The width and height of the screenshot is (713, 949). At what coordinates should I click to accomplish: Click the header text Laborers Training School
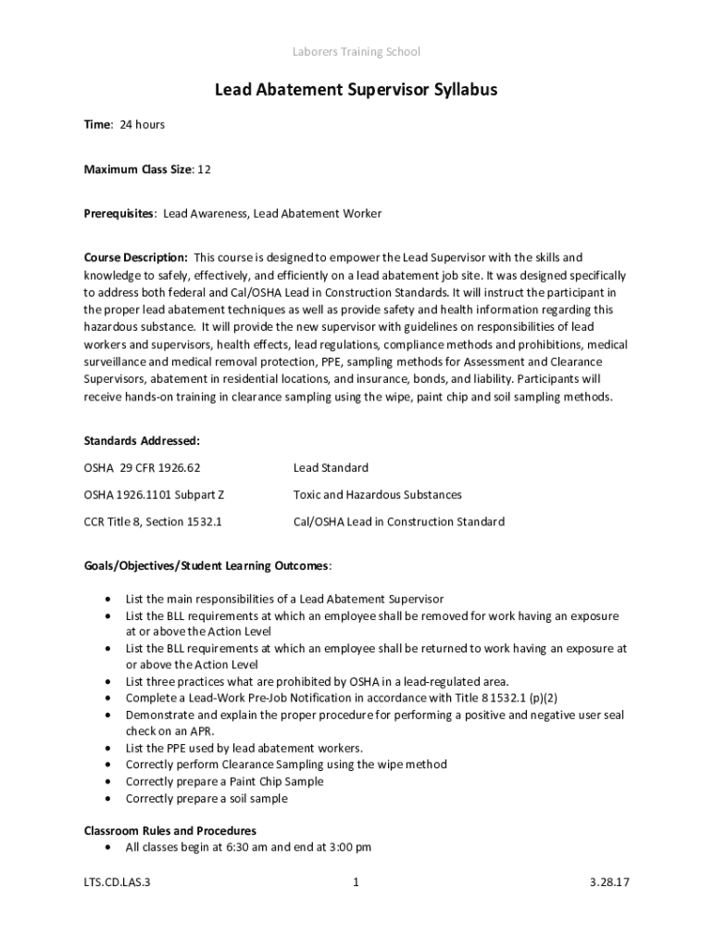(x=356, y=52)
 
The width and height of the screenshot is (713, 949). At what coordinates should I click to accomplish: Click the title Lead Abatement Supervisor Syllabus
(x=356, y=90)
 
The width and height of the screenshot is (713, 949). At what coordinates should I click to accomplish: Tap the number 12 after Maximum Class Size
(x=205, y=169)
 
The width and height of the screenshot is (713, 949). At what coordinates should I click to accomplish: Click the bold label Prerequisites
(x=119, y=213)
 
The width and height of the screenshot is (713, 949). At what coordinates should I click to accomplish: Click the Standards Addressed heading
(x=142, y=441)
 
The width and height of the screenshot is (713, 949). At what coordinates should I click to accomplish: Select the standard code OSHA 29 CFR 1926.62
(x=142, y=468)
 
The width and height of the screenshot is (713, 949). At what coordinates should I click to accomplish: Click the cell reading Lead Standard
(x=331, y=468)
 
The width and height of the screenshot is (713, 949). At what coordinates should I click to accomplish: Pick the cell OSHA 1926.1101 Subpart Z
(x=155, y=495)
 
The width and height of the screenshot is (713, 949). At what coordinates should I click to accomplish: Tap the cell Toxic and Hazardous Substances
(x=377, y=495)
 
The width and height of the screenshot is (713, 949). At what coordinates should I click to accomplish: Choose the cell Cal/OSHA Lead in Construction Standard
(x=398, y=522)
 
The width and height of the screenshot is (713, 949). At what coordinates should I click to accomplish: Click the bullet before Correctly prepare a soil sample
(x=111, y=799)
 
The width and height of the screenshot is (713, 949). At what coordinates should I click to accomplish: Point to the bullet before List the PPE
(x=111, y=748)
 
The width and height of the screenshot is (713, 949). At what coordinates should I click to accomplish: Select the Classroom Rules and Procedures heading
(x=170, y=830)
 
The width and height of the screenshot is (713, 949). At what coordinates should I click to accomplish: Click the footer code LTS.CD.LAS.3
(x=117, y=883)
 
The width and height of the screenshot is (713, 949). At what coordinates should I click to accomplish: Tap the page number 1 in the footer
(x=356, y=883)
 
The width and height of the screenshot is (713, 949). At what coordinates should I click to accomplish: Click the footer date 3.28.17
(x=608, y=883)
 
